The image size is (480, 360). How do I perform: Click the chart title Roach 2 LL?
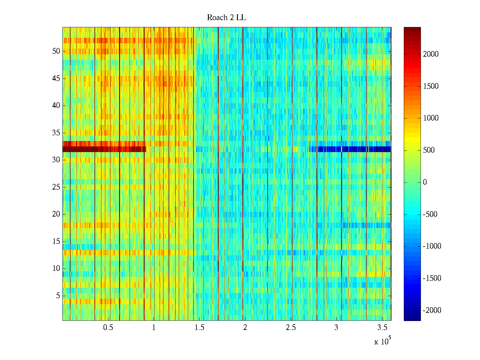pos(226,18)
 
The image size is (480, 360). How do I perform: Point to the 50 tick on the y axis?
pos(56,51)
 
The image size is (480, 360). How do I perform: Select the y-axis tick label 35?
pos(56,133)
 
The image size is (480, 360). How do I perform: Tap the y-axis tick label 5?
pos(58,296)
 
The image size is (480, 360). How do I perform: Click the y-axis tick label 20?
pos(56,214)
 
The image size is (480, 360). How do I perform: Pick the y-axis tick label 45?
pos(56,79)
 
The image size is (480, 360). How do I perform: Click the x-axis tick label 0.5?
pos(108,328)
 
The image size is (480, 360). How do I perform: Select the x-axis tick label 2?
pos(245,328)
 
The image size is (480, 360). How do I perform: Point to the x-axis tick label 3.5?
pos(382,328)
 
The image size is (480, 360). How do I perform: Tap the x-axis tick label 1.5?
pos(199,328)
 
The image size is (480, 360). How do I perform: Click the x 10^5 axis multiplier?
pos(382,341)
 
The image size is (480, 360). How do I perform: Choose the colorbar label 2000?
pos(431,54)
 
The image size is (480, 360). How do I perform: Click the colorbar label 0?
pos(425,182)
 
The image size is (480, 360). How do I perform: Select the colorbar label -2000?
pos(432,310)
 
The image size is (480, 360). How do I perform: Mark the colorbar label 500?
pos(429,150)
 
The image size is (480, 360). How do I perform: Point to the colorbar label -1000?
pos(432,246)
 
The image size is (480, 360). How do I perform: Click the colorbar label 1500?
pos(431,86)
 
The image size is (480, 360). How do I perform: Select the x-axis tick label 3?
pos(336,328)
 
